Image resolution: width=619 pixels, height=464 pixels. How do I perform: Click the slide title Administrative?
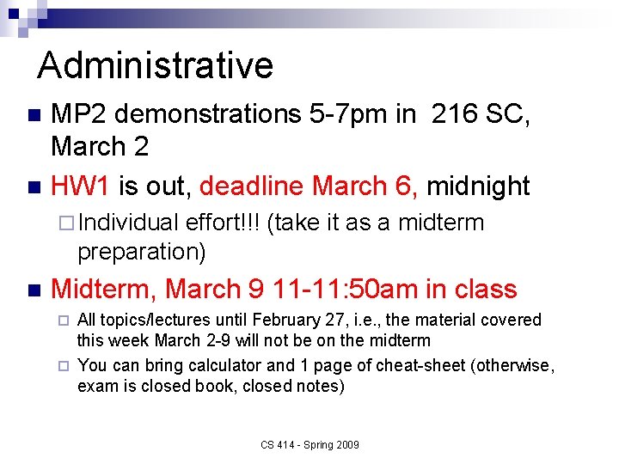tap(156, 65)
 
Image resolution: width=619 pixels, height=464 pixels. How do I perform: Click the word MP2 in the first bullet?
tap(79, 114)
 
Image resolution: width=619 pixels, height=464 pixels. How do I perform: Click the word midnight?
tap(478, 186)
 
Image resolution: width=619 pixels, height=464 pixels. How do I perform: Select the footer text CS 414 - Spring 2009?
tap(310, 444)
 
